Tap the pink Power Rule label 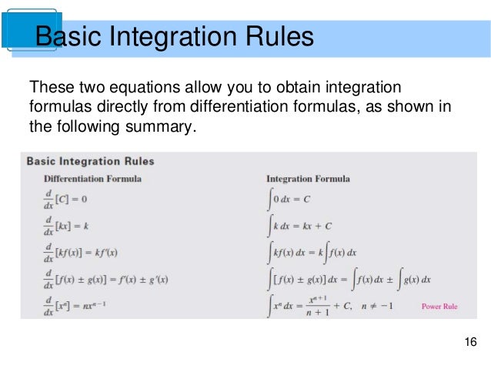(439, 307)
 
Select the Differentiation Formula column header (92, 179)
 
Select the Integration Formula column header (308, 179)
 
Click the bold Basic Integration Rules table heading (91, 162)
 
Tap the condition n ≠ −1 (382, 306)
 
